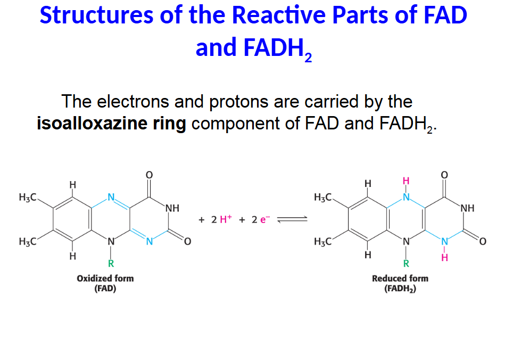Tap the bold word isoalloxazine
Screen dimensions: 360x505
click(x=111, y=124)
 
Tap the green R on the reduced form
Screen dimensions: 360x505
click(x=406, y=263)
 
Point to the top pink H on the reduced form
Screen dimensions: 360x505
click(x=406, y=181)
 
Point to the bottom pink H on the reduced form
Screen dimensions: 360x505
click(x=445, y=258)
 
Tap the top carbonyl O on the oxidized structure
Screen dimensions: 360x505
click(x=150, y=175)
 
